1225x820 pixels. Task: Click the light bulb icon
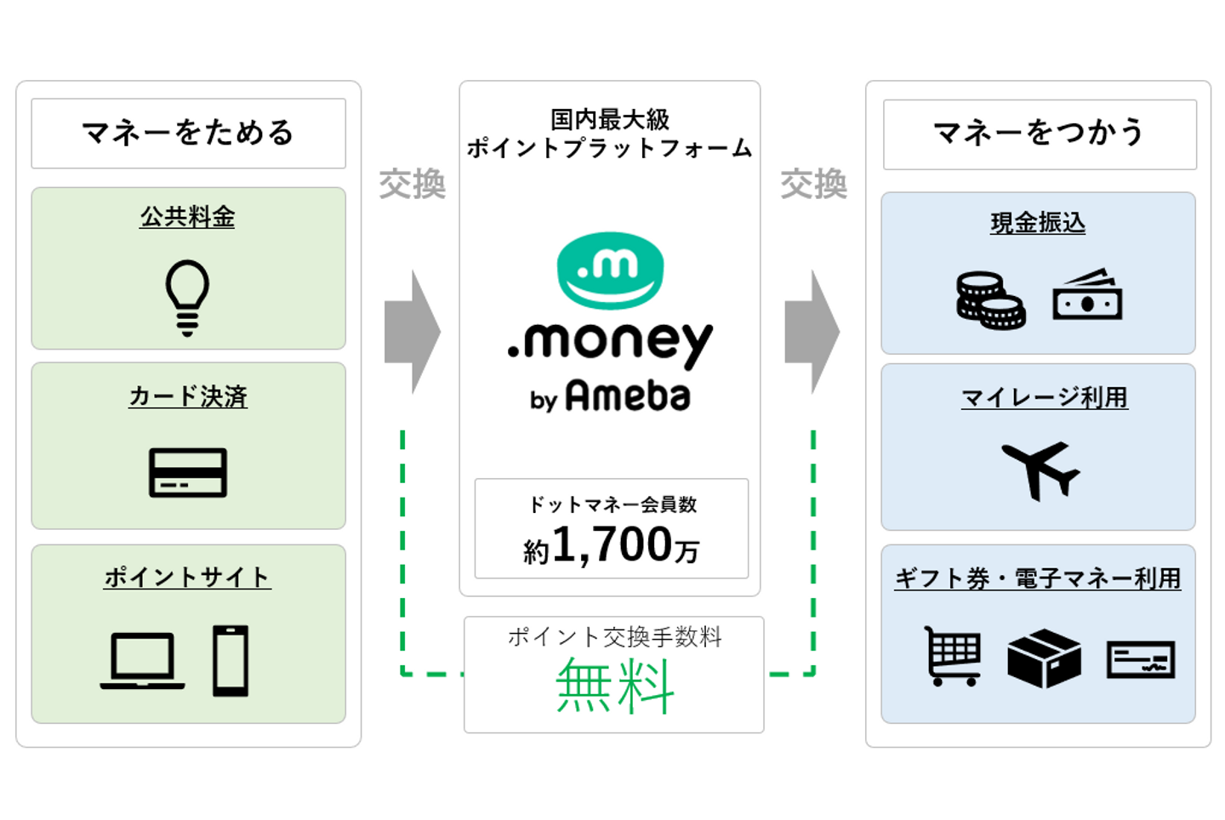point(187,298)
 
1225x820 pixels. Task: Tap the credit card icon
point(187,472)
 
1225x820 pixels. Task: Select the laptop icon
point(142,661)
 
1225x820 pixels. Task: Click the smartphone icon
point(231,660)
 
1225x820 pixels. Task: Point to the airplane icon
point(1040,470)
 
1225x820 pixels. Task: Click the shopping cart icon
point(953,656)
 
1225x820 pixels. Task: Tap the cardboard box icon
point(1044,658)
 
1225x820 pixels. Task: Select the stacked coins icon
point(990,300)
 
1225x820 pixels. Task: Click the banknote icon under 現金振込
point(1087,294)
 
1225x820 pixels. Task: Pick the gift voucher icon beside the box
point(1141,660)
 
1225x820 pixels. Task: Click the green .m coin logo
point(610,270)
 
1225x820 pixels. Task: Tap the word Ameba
point(628,396)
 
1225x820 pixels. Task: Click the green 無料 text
point(615,686)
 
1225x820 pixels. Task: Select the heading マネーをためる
point(188,133)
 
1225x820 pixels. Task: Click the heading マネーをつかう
point(1039,133)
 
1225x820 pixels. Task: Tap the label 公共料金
point(187,217)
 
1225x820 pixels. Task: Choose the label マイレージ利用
point(1045,397)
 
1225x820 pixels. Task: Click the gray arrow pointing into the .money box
point(413,332)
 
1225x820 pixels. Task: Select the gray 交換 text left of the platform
point(413,185)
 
